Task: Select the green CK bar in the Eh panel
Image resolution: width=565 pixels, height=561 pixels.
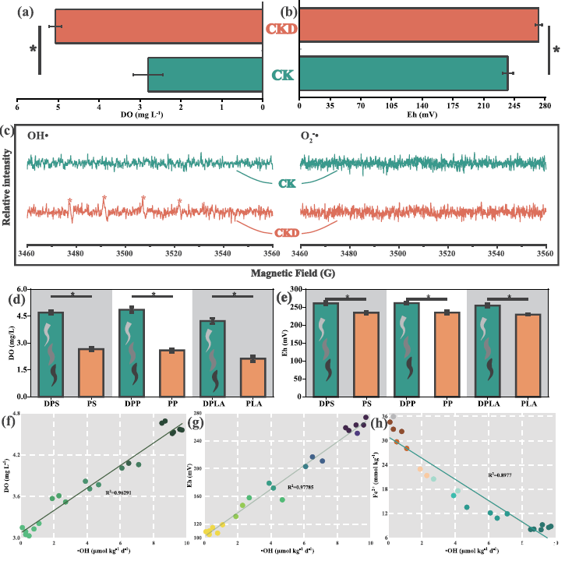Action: (403, 73)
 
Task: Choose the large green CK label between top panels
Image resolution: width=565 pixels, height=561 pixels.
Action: (281, 75)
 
